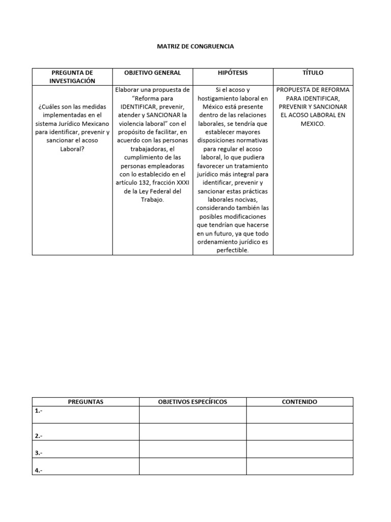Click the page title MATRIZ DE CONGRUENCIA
point(195,46)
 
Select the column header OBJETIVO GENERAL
point(153,73)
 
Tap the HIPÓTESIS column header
point(233,73)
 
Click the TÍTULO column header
point(313,73)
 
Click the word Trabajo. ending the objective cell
point(153,200)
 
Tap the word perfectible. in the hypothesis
point(233,250)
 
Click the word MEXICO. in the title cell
point(313,124)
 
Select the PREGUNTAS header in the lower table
point(86,402)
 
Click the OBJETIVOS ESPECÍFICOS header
point(192,402)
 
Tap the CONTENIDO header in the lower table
point(299,402)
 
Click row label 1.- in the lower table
point(39,410)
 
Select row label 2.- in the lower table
point(39,436)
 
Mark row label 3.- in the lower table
point(39,453)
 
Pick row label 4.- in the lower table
point(39,470)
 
